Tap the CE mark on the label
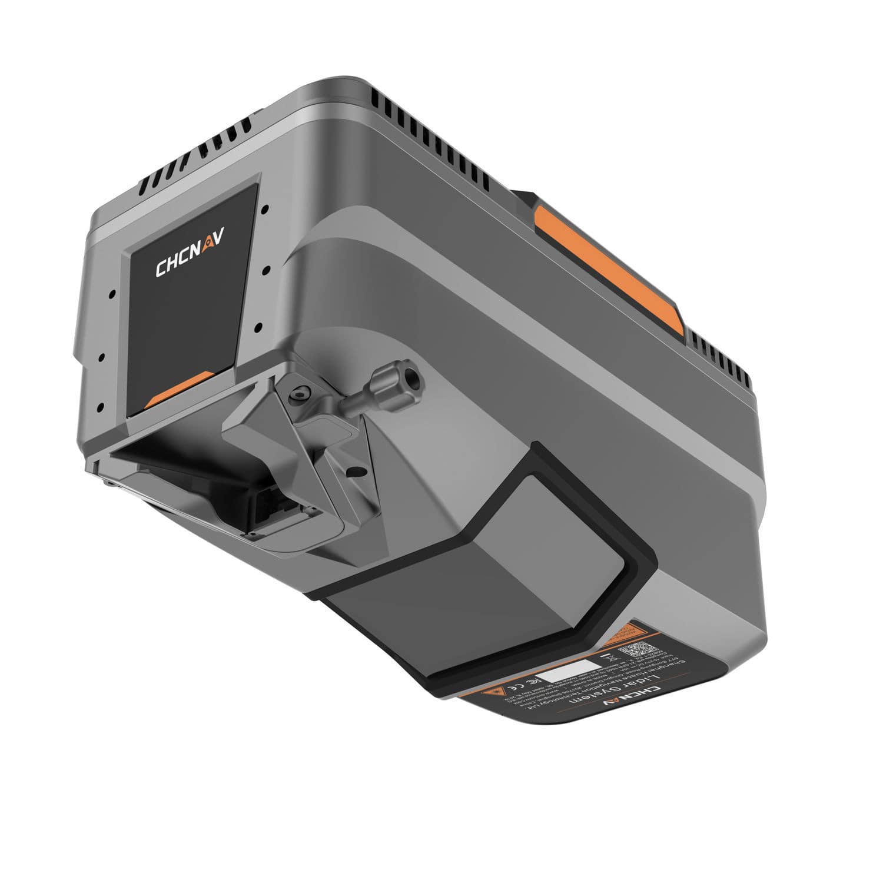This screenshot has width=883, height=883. (515, 688)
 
